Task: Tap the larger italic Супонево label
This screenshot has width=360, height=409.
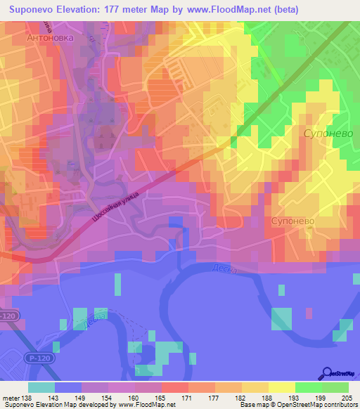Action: click(327, 132)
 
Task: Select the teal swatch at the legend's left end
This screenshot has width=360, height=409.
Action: click(41, 387)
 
